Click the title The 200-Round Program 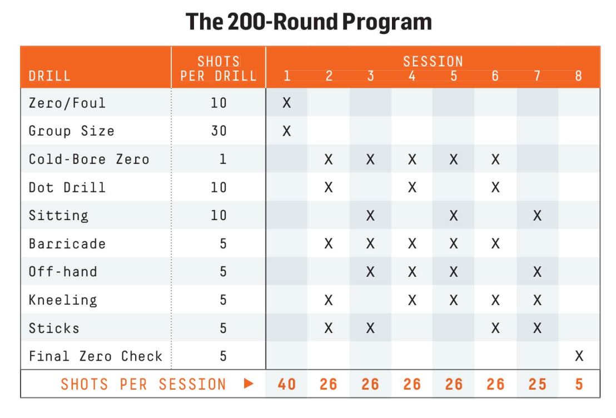309,22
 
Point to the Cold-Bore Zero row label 90,159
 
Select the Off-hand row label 62,272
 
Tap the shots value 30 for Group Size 218,131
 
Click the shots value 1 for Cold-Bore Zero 222,159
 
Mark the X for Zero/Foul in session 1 287,103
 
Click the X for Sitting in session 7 537,216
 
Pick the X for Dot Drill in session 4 412,187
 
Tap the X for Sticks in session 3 370,328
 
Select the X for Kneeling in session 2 329,300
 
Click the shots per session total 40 287,384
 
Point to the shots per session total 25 537,384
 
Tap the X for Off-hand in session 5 454,272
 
